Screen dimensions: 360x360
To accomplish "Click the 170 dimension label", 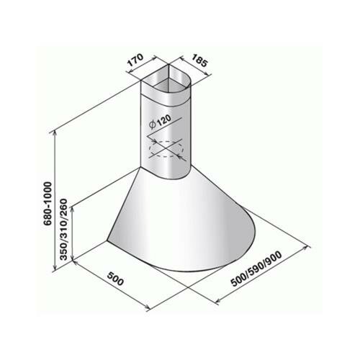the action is tap(135, 60).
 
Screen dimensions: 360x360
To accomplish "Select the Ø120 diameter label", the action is tap(160, 122).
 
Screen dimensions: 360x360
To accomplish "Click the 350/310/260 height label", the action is tap(64, 230).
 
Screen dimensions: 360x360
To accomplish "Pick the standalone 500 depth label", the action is tap(115, 279).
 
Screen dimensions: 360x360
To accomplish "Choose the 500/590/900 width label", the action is tap(256, 269).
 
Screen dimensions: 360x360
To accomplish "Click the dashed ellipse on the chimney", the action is tap(166, 149).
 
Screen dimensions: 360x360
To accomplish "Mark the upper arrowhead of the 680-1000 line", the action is tap(55, 132).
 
